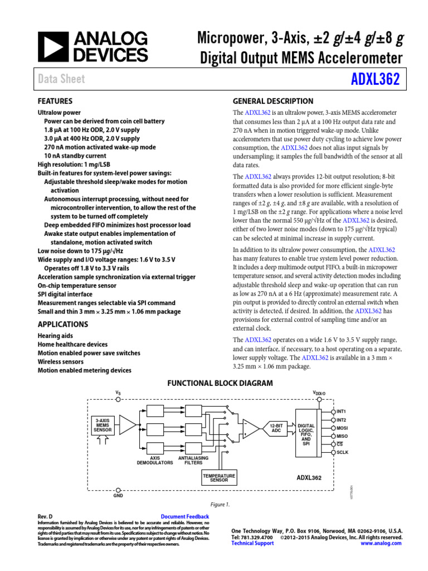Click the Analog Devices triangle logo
coord(53,46)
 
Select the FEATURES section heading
coord(55,101)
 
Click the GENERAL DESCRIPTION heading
coord(273,101)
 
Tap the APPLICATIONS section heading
coord(62,324)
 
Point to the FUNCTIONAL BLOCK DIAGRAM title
coord(220,383)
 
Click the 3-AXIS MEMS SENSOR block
coord(103,425)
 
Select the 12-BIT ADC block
coord(275,428)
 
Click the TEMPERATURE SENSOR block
coord(219,477)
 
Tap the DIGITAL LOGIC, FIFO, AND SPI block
coord(306,434)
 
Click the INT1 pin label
coord(342,412)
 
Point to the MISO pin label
coord(342,436)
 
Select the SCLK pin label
coord(342,452)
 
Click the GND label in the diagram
coord(118,495)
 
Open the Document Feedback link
coord(184,517)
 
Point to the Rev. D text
coord(45,517)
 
